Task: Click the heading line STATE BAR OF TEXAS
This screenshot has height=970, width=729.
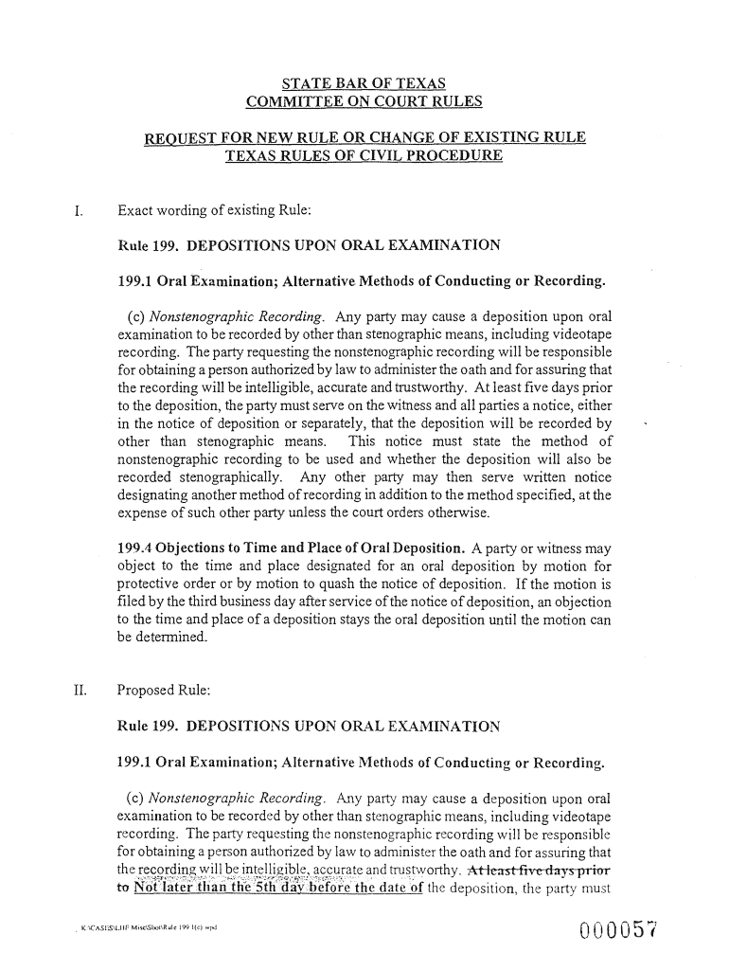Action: [364, 83]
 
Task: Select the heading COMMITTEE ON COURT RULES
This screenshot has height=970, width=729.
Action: [364, 101]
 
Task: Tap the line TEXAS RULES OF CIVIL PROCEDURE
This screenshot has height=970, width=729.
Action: [364, 157]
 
